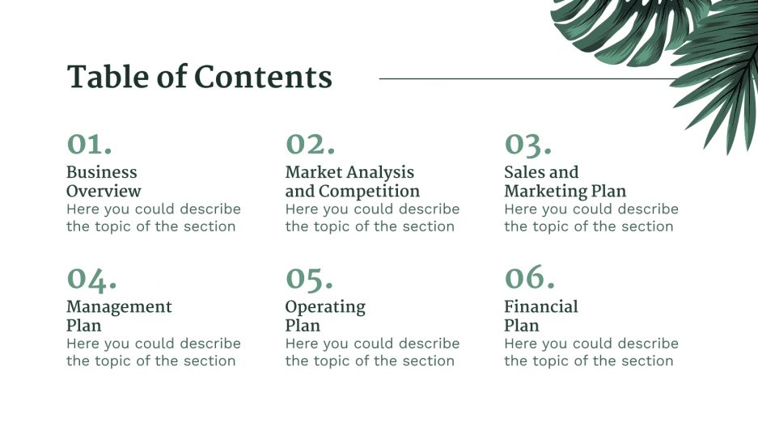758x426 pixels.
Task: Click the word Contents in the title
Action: tap(264, 78)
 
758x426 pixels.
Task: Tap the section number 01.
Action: tap(89, 144)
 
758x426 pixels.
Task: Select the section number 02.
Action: tap(310, 144)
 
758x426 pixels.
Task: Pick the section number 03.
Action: tap(528, 144)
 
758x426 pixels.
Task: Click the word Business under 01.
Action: tap(102, 172)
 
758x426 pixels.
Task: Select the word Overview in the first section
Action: tap(104, 192)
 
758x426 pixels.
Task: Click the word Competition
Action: tap(369, 192)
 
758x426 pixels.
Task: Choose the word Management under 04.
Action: tap(119, 307)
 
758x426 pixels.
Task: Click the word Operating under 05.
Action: tap(325, 307)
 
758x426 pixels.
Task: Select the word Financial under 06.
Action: tap(541, 307)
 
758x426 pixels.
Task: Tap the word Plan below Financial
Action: tap(522, 326)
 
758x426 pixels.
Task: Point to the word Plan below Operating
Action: tap(303, 326)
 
